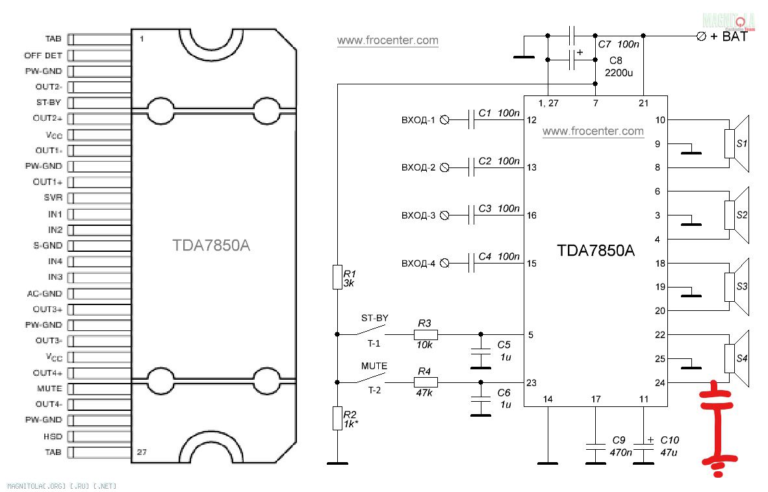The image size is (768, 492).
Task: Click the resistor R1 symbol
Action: [x=337, y=277]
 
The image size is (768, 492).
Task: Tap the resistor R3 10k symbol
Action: [x=426, y=335]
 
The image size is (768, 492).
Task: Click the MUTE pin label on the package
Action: [x=49, y=388]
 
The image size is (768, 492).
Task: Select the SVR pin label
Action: [x=53, y=198]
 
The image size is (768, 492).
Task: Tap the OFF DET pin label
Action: [x=44, y=55]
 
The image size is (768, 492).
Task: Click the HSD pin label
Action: [x=53, y=436]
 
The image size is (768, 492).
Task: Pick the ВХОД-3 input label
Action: [x=418, y=215]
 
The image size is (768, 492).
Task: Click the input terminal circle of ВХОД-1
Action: [x=445, y=120]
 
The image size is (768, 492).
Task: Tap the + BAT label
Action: [x=729, y=37]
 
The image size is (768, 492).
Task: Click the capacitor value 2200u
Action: [x=619, y=73]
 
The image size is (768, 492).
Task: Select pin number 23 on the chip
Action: [x=531, y=383]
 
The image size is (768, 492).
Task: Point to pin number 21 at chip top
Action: [x=643, y=103]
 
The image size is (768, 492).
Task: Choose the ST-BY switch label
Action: [x=374, y=318]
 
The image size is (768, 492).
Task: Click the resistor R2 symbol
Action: [x=337, y=419]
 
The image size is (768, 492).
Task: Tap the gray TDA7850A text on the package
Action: [x=211, y=246]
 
